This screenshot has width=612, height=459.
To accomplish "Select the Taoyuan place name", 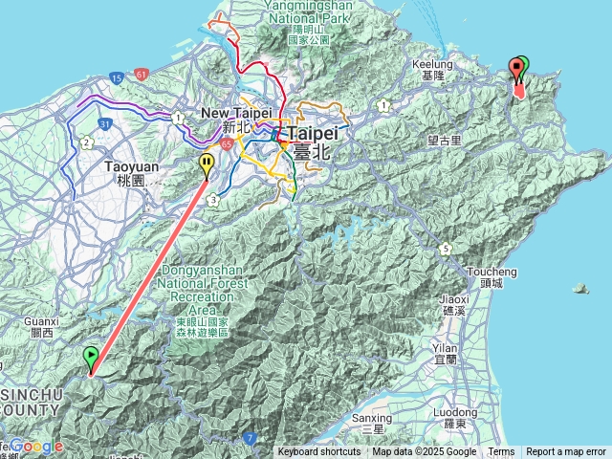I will point(124,172).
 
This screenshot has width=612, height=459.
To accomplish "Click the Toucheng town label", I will point(492,276).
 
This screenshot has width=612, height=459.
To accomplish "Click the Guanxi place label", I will point(42,328).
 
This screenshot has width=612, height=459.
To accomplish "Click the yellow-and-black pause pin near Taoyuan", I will point(207,166).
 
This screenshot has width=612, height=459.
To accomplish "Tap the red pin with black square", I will point(517,68).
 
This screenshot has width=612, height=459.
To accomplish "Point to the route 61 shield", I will point(142,73).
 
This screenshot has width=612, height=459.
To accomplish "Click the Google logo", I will point(37,447).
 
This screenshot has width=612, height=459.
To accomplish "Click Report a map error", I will point(567,452).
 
